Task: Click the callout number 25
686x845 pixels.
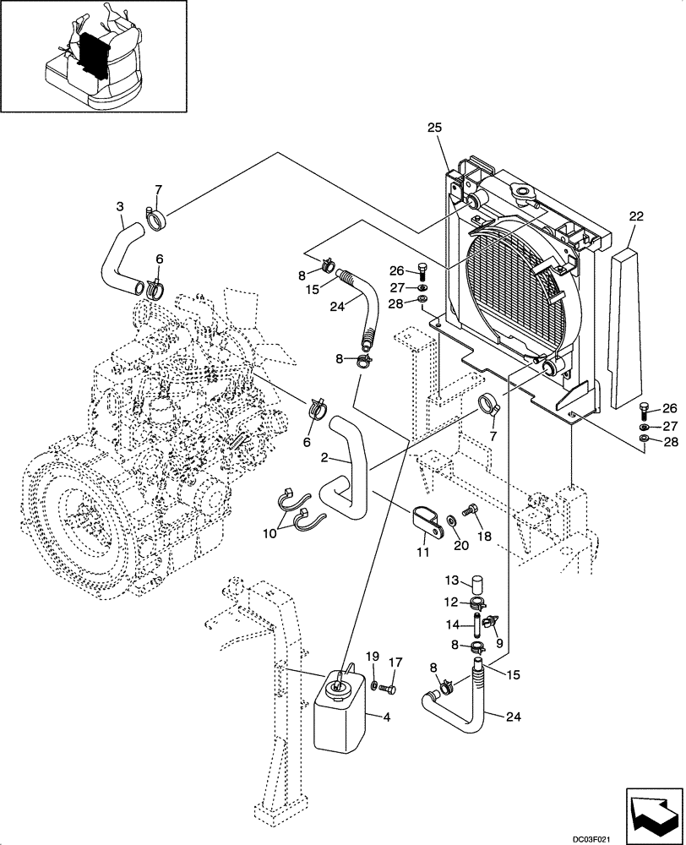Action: pos(434,127)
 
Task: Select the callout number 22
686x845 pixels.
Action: pos(636,216)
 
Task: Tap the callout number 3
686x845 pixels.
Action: pos(120,205)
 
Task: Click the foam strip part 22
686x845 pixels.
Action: pos(623,321)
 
